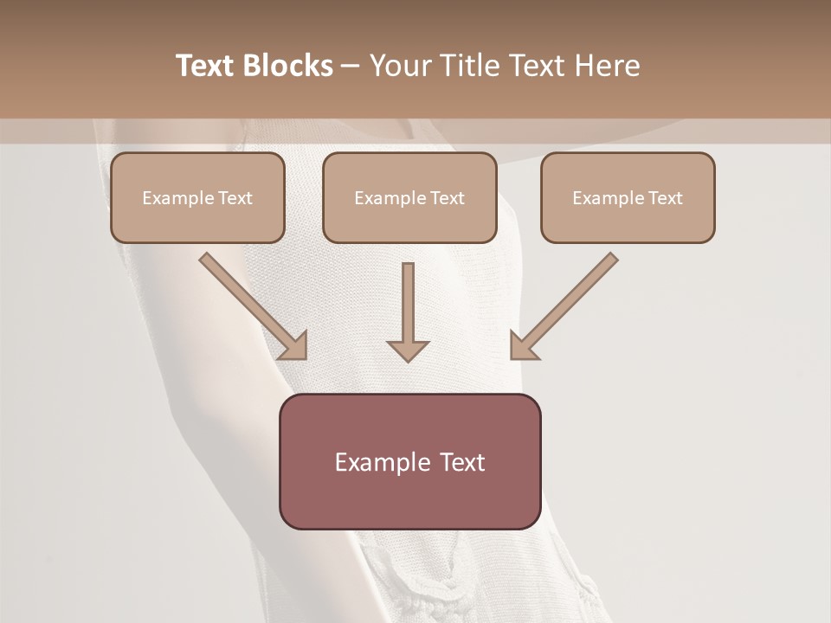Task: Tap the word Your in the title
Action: click(x=400, y=66)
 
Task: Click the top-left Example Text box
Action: click(x=197, y=197)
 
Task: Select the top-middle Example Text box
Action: click(x=409, y=197)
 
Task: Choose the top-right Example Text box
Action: click(x=628, y=197)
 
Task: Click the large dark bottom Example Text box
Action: click(x=409, y=461)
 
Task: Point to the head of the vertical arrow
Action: click(x=408, y=350)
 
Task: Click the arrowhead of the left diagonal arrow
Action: click(x=294, y=346)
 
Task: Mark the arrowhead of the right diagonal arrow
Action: click(x=523, y=346)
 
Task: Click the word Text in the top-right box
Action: click(x=665, y=198)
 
